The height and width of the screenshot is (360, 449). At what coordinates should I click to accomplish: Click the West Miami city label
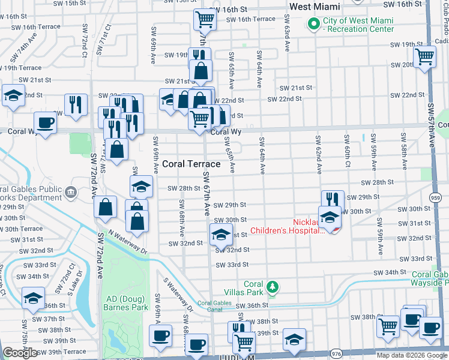click(315, 7)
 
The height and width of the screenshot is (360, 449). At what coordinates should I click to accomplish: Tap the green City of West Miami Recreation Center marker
click(312, 25)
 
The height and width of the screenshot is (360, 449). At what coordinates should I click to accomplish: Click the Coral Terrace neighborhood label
click(191, 163)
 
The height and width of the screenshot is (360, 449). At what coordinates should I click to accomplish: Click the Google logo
click(20, 353)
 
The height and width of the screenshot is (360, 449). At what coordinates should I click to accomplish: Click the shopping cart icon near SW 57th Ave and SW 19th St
click(425, 56)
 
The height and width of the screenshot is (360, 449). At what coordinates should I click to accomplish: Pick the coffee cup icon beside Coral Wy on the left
click(45, 123)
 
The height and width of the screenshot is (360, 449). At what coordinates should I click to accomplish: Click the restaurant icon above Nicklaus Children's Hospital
click(332, 199)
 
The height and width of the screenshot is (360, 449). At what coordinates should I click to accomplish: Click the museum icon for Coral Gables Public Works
click(71, 192)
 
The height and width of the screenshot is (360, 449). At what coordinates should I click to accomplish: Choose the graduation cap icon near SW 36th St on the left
click(33, 298)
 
